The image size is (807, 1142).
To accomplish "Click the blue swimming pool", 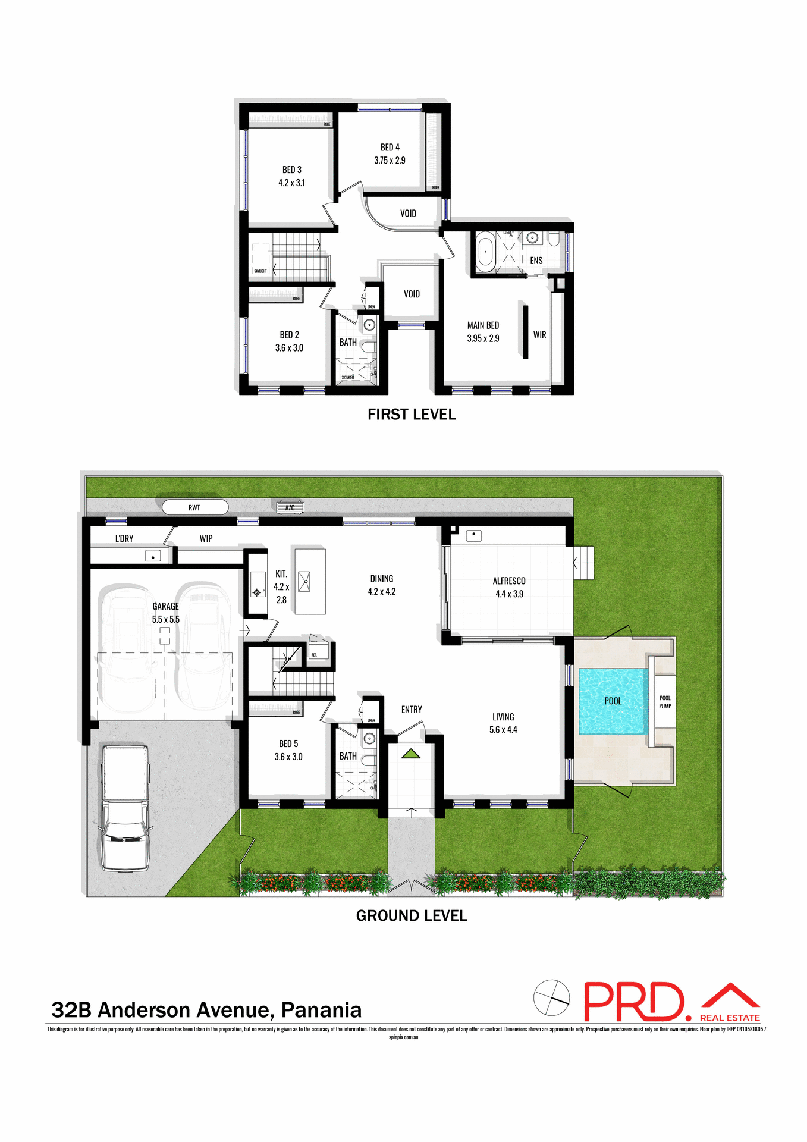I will [x=613, y=701].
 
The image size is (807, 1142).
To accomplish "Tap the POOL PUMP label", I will [x=665, y=702].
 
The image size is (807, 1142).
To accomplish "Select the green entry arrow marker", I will [x=411, y=754].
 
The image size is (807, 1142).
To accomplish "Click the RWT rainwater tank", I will [x=195, y=507].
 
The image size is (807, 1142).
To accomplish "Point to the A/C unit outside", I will [x=290, y=507].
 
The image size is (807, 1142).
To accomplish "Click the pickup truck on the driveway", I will [x=125, y=809].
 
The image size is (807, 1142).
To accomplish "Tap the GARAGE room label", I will [x=165, y=606].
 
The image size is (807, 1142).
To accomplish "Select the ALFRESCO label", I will [x=509, y=581].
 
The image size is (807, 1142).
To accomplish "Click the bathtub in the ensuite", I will [x=486, y=252].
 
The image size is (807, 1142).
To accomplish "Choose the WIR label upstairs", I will [x=539, y=335].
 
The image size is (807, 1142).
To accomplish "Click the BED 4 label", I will [x=390, y=147].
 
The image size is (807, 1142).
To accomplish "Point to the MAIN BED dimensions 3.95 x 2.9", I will [x=483, y=338].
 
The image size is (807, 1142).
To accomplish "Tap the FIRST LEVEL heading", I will [x=412, y=415].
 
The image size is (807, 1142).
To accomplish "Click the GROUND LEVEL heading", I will [x=412, y=915].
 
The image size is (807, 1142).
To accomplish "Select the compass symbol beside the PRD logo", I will [x=551, y=997].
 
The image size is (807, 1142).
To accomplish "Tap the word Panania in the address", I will [x=321, y=1010].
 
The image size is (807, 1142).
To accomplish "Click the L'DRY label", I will [x=124, y=538].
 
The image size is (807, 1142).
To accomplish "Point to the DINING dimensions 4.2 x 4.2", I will [x=381, y=592].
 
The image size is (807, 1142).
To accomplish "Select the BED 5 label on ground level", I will [x=288, y=743].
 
